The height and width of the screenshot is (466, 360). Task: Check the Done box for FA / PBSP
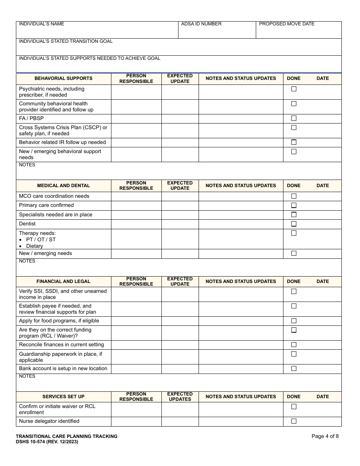[x=294, y=118]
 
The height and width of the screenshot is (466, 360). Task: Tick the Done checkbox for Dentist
[x=294, y=224]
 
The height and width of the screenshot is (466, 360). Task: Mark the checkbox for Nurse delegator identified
[x=294, y=421]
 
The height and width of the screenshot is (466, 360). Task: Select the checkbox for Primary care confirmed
[x=294, y=205]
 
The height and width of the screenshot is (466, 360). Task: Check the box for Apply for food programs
[x=294, y=321]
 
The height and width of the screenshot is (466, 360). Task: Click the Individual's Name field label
[x=42, y=24]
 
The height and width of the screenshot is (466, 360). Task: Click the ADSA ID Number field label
[x=201, y=24]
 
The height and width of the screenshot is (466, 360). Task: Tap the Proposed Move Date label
[x=287, y=24]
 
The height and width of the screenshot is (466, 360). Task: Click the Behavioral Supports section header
[x=63, y=78]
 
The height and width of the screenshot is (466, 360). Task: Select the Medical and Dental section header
[x=63, y=186]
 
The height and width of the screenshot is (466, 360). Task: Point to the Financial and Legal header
[x=63, y=281]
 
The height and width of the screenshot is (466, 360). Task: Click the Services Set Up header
[x=63, y=397]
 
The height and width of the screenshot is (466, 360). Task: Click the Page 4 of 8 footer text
[x=325, y=436]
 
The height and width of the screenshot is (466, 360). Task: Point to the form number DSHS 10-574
[x=47, y=442]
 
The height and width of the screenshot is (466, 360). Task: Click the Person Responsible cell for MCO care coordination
[x=136, y=196]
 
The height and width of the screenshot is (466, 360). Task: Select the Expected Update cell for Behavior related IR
[x=180, y=142]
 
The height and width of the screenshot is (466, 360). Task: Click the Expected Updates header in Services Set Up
[x=180, y=397]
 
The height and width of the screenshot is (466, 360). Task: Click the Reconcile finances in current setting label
[x=61, y=345]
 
